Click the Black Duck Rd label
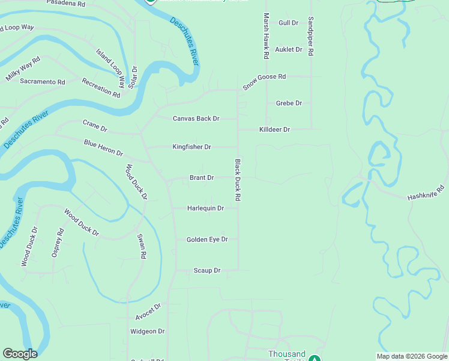pyautogui.click(x=238, y=180)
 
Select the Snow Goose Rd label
pyautogui.click(x=264, y=82)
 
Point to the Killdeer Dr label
pyautogui.click(x=274, y=129)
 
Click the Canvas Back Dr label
pyautogui.click(x=196, y=119)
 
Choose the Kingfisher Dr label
pyautogui.click(x=191, y=147)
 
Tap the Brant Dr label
pyautogui.click(x=202, y=178)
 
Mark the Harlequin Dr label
pyautogui.click(x=205, y=208)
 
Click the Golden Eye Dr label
pyautogui.click(x=207, y=239)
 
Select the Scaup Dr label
pyautogui.click(x=207, y=271)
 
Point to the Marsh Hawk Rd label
pyautogui.click(x=265, y=36)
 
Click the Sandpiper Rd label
pyautogui.click(x=311, y=36)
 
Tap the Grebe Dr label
pyautogui.click(x=289, y=103)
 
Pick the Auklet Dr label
pyautogui.click(x=288, y=49)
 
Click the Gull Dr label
pyautogui.click(x=288, y=23)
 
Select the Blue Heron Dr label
pyautogui.click(x=103, y=148)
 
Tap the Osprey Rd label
pyautogui.click(x=58, y=243)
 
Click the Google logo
pyautogui.click(x=20, y=354)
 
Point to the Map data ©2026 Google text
pyautogui.click(x=412, y=356)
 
